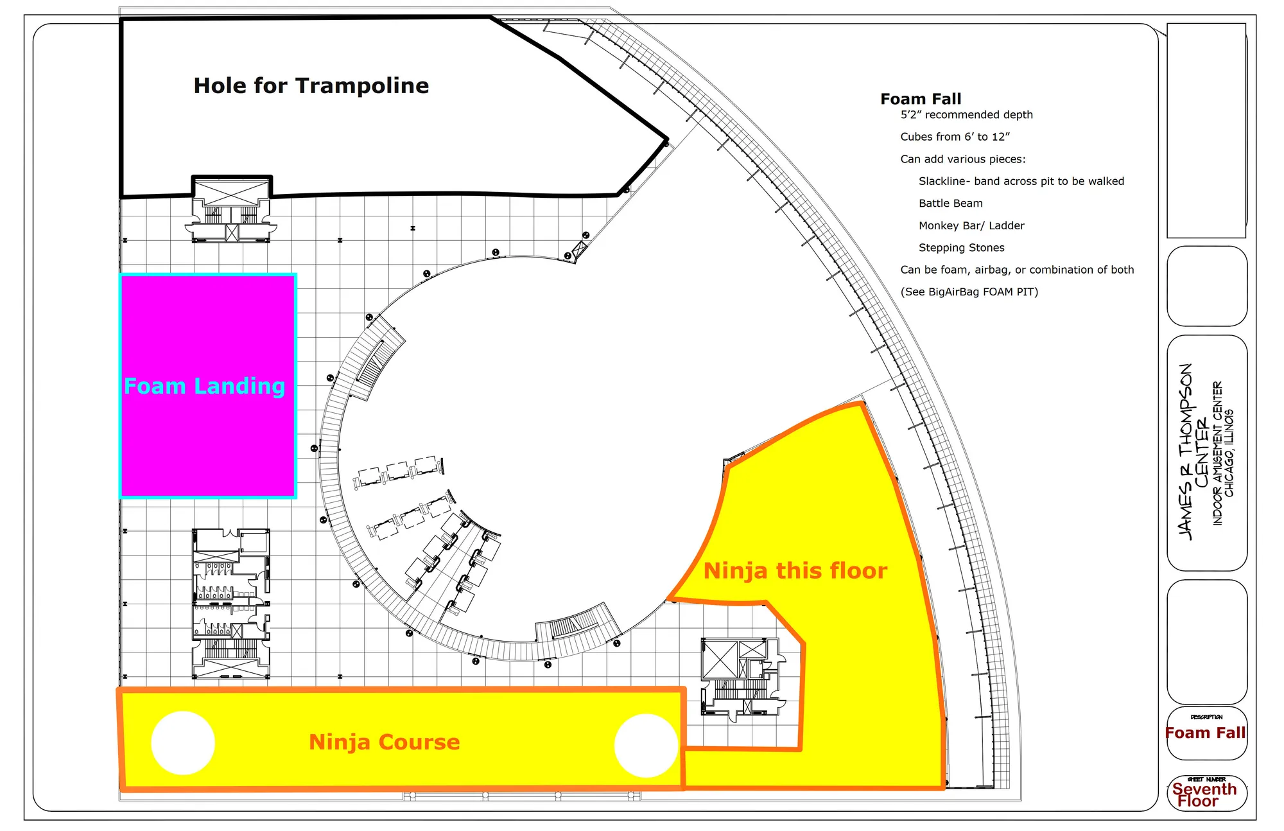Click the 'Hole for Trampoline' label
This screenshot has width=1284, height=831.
(311, 85)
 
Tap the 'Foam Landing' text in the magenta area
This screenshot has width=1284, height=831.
(204, 386)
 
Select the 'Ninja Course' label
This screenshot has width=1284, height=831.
(385, 742)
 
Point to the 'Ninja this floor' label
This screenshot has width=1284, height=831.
(795, 570)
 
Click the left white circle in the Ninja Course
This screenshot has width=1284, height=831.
(183, 743)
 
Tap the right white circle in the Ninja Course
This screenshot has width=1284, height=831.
(646, 746)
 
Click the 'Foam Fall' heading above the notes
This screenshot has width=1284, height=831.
(921, 99)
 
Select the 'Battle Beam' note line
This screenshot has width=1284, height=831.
(950, 204)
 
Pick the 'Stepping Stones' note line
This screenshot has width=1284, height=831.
(961, 248)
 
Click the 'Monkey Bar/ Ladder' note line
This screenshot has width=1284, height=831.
(971, 225)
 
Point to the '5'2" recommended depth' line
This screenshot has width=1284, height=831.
(966, 115)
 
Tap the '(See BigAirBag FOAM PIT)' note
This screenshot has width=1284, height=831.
(969, 292)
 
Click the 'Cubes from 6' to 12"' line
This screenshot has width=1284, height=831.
(955, 137)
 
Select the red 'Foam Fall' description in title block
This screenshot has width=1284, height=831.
(1205, 733)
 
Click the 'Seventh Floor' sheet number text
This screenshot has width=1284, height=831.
(1204, 795)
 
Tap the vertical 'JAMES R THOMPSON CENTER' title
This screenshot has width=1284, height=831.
(1193, 452)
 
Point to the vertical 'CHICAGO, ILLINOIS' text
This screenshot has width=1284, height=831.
(1229, 453)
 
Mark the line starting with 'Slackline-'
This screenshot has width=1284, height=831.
(1021, 181)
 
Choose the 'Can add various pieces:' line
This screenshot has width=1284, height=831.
(963, 159)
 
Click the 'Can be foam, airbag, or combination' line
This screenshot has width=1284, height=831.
(1017, 270)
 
